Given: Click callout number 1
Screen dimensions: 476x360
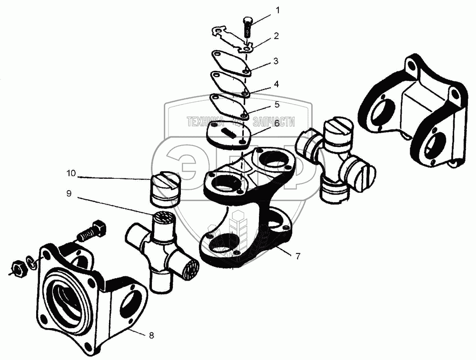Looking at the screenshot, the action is (278, 10).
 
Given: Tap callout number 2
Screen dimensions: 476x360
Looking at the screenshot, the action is (276, 36).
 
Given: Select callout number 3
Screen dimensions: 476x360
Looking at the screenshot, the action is (276, 61).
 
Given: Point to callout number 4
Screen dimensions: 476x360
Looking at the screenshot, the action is (276, 84).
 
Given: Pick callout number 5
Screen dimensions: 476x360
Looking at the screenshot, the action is (277, 105).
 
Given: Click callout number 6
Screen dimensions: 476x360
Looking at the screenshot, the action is (276, 124).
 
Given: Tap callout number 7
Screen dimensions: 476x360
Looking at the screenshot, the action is (298, 256).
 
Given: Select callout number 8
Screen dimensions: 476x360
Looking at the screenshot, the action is (151, 335).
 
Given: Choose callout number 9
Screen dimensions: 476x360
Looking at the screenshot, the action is (69, 194).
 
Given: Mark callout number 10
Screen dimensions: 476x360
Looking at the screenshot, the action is (71, 173).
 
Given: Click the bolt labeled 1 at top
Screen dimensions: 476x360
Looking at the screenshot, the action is (247, 27).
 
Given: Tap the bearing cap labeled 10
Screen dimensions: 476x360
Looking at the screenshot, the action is (165, 189).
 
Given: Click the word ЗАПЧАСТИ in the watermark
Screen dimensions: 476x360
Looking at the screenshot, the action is (274, 122).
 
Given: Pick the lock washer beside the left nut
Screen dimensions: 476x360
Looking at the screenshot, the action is (31, 263).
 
